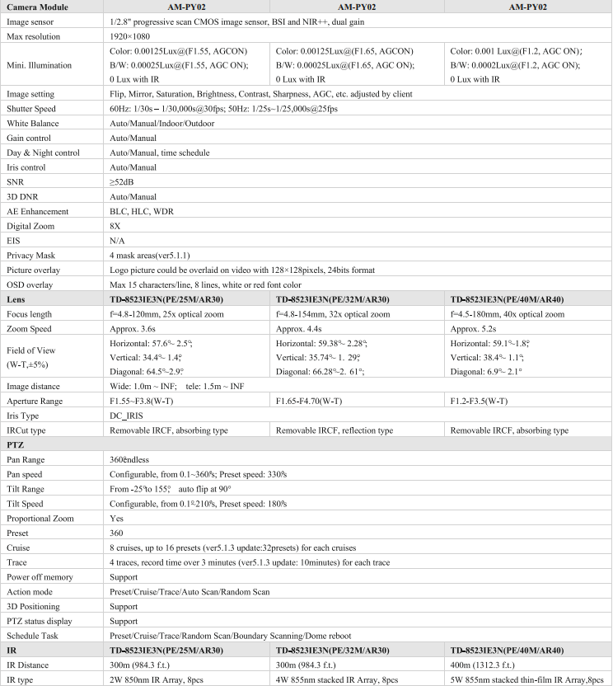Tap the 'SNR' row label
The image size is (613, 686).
coord(15,182)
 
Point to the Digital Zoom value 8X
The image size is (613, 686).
coord(115,225)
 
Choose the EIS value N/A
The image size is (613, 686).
coord(119,240)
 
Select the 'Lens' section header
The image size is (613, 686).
coord(16,299)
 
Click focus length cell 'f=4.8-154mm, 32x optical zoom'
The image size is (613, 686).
coord(333,314)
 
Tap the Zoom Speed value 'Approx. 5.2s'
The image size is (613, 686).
coord(479,329)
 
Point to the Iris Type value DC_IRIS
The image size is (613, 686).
coord(128,416)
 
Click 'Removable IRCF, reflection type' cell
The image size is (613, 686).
coord(335,430)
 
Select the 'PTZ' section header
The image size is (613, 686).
coord(16,444)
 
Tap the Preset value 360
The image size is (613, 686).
coord(117,533)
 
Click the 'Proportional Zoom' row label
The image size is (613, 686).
coord(40,519)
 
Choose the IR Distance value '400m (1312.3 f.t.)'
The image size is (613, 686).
coord(483,665)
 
